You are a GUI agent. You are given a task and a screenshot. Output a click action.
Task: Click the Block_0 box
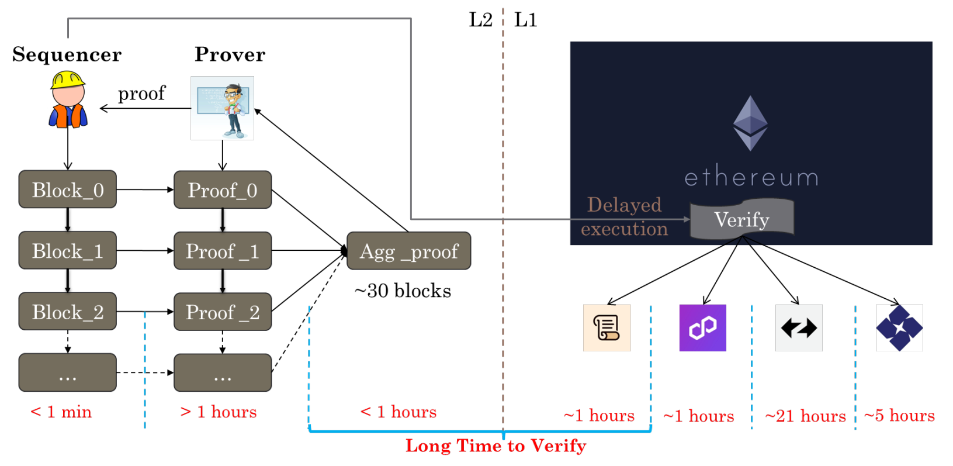[68, 189]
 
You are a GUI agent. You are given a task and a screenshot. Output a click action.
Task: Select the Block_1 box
[68, 251]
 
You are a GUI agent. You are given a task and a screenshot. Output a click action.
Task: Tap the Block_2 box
[68, 312]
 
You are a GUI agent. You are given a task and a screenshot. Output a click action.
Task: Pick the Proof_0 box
[223, 190]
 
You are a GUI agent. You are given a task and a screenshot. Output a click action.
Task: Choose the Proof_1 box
[223, 251]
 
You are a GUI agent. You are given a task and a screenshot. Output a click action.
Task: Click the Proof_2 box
[223, 312]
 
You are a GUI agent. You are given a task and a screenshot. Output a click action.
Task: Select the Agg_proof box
[408, 251]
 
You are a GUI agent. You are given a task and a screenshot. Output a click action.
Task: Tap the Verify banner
[741, 219]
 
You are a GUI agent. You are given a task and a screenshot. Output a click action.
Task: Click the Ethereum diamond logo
[750, 123]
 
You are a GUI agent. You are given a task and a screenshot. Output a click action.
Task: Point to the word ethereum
[751, 177]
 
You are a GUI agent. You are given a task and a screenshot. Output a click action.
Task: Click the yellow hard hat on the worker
[68, 80]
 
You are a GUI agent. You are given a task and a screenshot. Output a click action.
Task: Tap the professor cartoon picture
[223, 108]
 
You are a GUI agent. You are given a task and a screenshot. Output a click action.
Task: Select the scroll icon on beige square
[607, 327]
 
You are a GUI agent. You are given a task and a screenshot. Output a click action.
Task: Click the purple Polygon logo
[702, 327]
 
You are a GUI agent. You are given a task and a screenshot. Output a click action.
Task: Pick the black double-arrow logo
[799, 327]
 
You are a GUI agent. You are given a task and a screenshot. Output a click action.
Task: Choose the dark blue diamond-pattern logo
[899, 327]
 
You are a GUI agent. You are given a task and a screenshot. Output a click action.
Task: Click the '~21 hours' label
[805, 416]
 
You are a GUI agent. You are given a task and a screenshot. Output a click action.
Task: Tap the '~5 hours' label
[899, 415]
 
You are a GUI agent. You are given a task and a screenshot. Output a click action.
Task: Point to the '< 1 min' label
[61, 412]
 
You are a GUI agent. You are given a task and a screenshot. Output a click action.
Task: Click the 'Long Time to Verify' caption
[495, 446]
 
